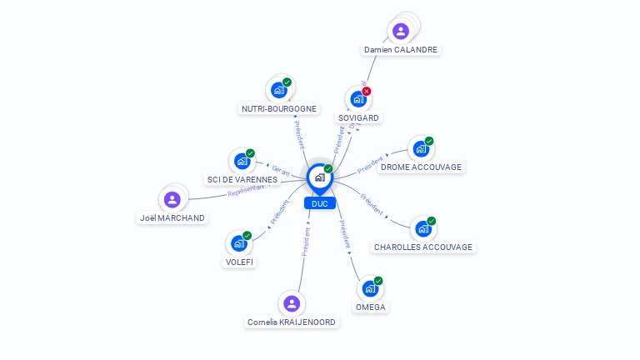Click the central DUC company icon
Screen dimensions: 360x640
319,177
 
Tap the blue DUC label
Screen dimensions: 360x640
320,203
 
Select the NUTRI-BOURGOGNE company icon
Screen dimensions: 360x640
278,90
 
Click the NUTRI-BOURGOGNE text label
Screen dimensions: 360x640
279,108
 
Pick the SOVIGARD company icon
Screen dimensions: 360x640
358,99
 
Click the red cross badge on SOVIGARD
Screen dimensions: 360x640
367,91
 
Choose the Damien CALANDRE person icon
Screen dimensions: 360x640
401,32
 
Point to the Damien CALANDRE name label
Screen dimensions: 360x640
401,50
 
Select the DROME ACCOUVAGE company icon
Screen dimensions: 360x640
421,149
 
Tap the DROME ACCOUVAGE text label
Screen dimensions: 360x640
421,167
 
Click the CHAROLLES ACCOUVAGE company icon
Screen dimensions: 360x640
423,229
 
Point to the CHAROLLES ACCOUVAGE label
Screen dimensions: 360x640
423,247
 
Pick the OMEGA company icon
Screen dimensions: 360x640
370,289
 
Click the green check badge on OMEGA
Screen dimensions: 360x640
378,281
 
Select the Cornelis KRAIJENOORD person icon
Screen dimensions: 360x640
292,303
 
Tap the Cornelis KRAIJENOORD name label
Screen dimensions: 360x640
292,322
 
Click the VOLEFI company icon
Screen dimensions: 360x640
239,243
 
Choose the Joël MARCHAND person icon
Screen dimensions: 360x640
172,199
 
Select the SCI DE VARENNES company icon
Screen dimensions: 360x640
242,161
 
